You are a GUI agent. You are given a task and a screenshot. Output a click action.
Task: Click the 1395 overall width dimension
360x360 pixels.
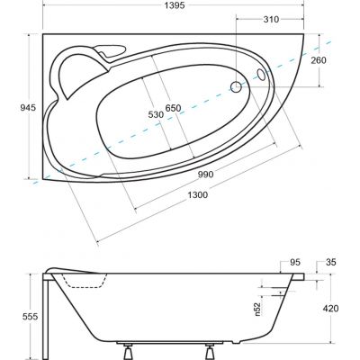[174, 5]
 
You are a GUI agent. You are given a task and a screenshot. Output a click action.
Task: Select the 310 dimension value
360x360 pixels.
[271, 20]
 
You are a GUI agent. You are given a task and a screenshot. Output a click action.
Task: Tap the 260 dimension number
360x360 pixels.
[319, 60]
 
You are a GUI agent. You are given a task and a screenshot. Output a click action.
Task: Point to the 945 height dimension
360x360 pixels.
[28, 107]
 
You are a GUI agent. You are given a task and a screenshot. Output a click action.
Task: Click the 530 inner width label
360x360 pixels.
[156, 114]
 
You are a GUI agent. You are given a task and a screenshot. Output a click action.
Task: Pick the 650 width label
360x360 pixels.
[174, 108]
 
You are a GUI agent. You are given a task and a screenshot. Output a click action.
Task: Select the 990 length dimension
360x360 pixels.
[205, 175]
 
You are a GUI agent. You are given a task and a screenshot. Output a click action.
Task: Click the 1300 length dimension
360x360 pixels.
[197, 195]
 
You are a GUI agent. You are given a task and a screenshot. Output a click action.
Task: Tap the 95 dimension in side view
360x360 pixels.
[295, 262]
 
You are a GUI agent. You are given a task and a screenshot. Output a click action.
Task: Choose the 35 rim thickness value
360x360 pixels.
[331, 262]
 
